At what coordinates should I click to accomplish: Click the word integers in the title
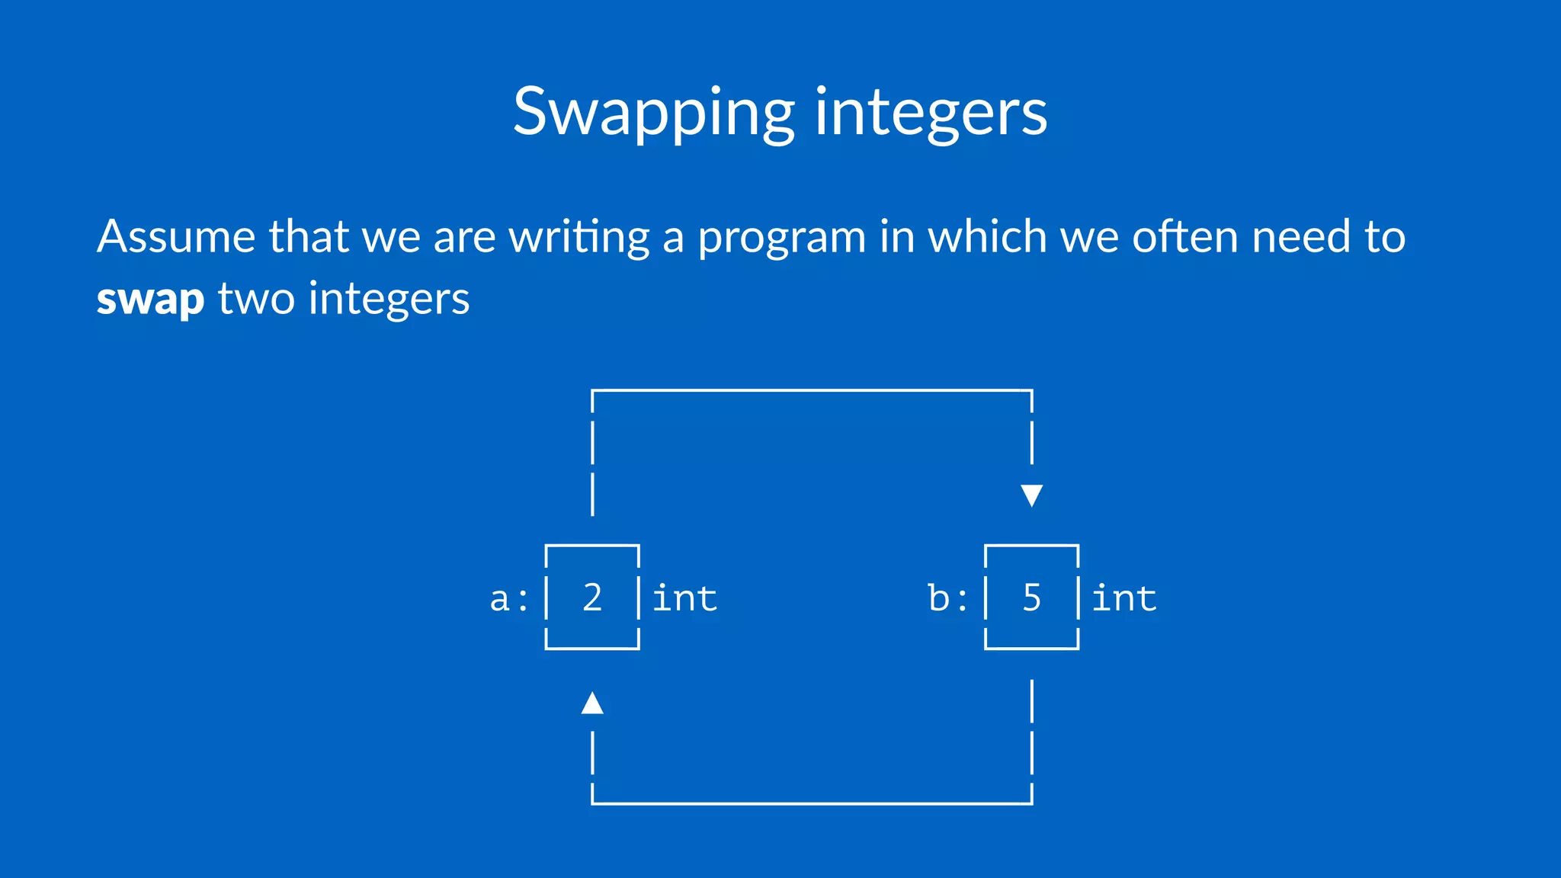[931, 113]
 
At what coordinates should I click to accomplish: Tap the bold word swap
[150, 299]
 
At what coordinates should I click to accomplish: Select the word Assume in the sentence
[176, 236]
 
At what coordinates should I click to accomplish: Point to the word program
[782, 238]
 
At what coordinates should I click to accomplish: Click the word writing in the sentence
[579, 238]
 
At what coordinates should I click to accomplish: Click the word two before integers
[256, 299]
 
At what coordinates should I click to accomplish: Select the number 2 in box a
[592, 598]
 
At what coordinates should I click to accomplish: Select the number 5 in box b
[1031, 598]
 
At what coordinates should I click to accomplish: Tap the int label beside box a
[684, 598]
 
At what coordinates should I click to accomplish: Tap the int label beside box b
[1124, 598]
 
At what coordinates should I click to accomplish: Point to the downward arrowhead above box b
[1031, 495]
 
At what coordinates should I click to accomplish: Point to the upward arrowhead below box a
[592, 703]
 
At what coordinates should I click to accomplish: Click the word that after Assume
[309, 236]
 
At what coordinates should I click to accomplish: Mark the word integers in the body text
[389, 299]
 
